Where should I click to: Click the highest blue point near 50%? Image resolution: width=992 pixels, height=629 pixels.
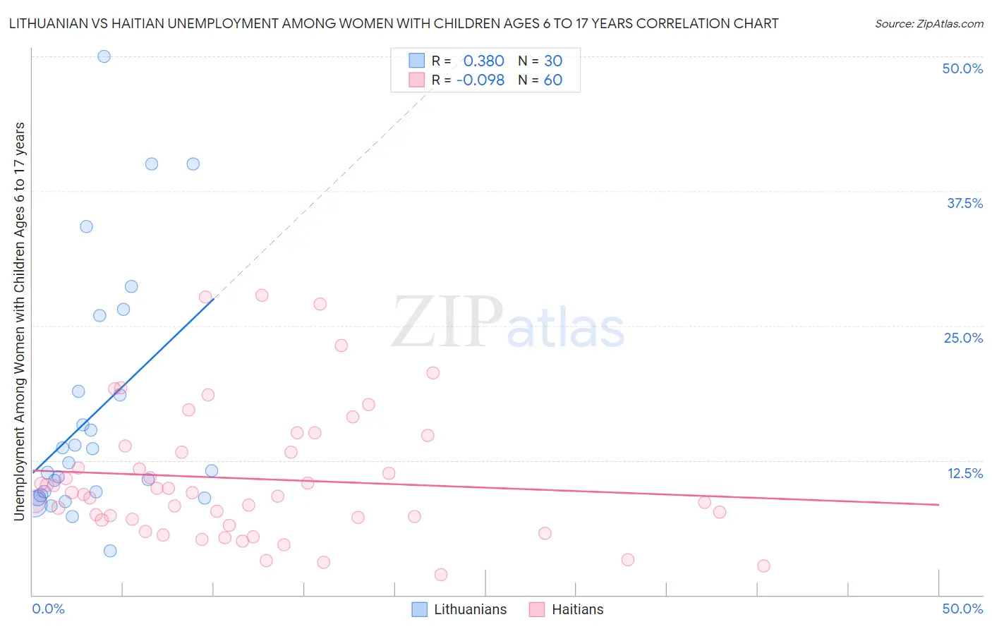point(104,56)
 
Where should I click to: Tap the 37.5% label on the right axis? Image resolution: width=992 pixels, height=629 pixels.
point(964,203)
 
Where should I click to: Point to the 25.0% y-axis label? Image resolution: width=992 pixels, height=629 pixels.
point(963,338)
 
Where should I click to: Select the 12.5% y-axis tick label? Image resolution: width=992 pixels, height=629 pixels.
point(964,473)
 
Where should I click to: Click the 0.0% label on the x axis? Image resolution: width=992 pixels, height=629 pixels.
point(48,609)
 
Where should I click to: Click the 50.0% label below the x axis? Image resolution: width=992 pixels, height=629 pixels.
point(962,609)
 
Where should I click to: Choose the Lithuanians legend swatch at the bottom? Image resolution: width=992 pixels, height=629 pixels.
point(419,609)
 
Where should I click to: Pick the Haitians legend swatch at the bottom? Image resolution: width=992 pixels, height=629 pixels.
point(537,609)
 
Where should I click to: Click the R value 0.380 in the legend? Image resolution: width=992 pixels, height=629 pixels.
point(483,61)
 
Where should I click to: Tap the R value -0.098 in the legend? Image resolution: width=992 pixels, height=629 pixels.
point(480,80)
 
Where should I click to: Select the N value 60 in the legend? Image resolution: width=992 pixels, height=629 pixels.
point(553,80)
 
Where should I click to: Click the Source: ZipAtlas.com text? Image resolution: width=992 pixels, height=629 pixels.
point(929,23)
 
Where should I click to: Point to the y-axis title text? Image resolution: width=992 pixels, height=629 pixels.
point(19,321)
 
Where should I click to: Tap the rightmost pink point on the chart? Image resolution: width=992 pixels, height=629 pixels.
point(763,566)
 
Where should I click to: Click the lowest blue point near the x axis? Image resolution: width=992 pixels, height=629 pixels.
point(110,551)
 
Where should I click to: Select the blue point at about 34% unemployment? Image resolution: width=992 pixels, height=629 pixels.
point(86,226)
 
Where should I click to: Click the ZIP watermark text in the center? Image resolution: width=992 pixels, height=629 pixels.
point(447,322)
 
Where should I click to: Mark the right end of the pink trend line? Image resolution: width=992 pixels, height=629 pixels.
point(938,504)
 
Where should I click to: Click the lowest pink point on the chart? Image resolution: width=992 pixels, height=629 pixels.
point(441,575)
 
